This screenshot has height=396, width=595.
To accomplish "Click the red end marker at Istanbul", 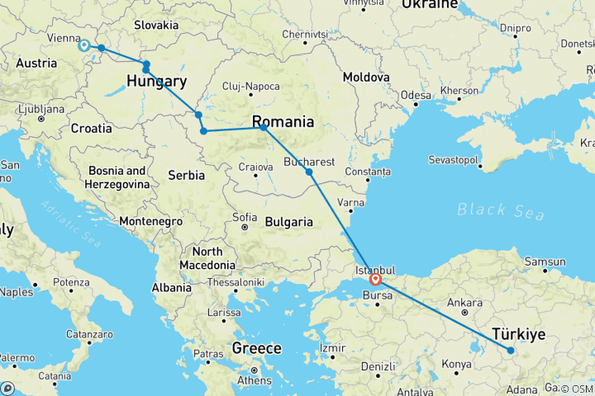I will coord(375,279).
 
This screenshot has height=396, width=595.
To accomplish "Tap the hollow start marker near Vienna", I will coord(83,45).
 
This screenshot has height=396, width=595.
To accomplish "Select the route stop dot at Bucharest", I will coord(309,172).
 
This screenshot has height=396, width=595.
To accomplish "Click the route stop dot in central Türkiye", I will coord(511,351).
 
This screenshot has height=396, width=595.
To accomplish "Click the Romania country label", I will coord(283,121).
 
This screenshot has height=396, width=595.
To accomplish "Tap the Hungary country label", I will coord(157,81).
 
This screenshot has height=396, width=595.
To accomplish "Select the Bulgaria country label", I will coord(288,221).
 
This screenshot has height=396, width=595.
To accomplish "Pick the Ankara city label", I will coord(464,303).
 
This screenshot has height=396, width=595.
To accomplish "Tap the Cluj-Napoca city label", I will coord(250,87).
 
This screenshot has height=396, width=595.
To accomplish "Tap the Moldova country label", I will coord(366,76).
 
